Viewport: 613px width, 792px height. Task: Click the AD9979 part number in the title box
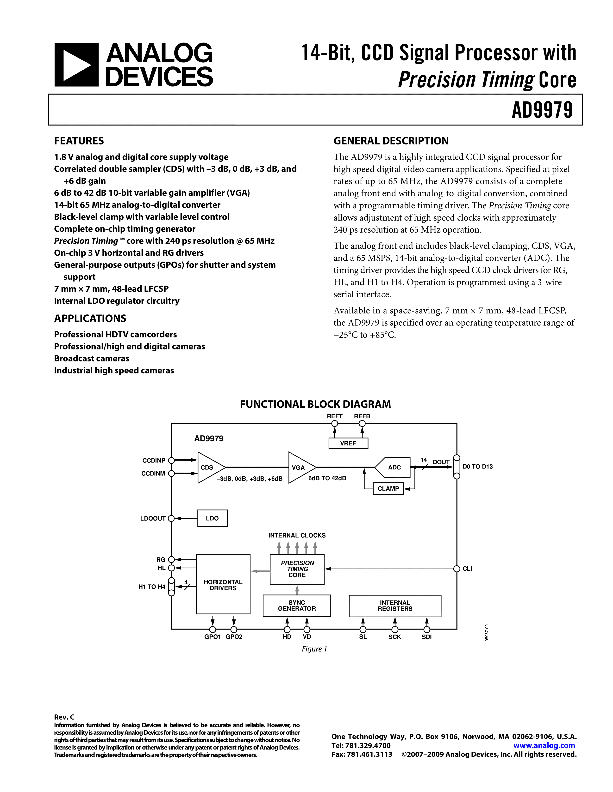point(542,110)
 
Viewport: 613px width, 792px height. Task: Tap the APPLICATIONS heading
point(90,318)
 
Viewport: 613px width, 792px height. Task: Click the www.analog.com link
point(544,746)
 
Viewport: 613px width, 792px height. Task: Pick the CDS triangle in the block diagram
point(209,468)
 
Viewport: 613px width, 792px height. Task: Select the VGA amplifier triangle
point(300,468)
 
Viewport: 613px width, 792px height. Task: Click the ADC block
point(394,468)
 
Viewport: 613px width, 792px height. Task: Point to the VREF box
point(348,443)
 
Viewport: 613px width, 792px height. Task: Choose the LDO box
point(212,518)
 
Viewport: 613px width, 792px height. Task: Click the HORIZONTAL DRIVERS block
point(223,585)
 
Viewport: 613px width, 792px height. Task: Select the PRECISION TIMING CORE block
point(297,569)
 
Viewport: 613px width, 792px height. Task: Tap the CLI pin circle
point(457,569)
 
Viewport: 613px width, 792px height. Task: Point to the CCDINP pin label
point(154,461)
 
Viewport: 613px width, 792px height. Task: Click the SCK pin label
point(394,637)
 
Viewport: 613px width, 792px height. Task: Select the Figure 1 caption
point(315,649)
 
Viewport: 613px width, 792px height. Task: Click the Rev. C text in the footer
point(64,717)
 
